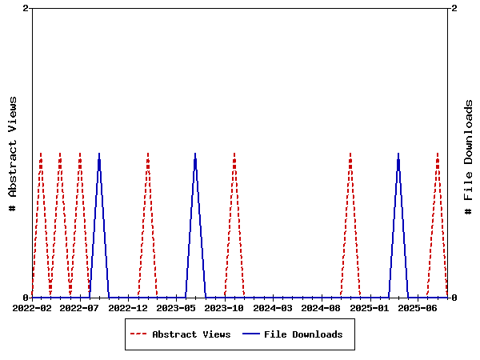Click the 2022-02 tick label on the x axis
click(32, 307)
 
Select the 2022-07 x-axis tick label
click(80, 307)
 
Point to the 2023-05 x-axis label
click(176, 307)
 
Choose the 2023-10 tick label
click(225, 307)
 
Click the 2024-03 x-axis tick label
click(273, 307)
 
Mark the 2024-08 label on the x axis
click(321, 307)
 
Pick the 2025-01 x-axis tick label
click(369, 307)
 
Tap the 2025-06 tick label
click(417, 307)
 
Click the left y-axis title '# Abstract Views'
click(13, 153)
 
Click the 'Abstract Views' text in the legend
click(191, 334)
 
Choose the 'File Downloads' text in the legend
click(303, 334)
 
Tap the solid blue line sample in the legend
click(251, 334)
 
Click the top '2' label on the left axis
click(26, 8)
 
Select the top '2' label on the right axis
click(454, 8)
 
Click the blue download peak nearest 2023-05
click(195, 154)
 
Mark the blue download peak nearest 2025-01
click(398, 154)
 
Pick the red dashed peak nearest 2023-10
click(234, 154)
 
